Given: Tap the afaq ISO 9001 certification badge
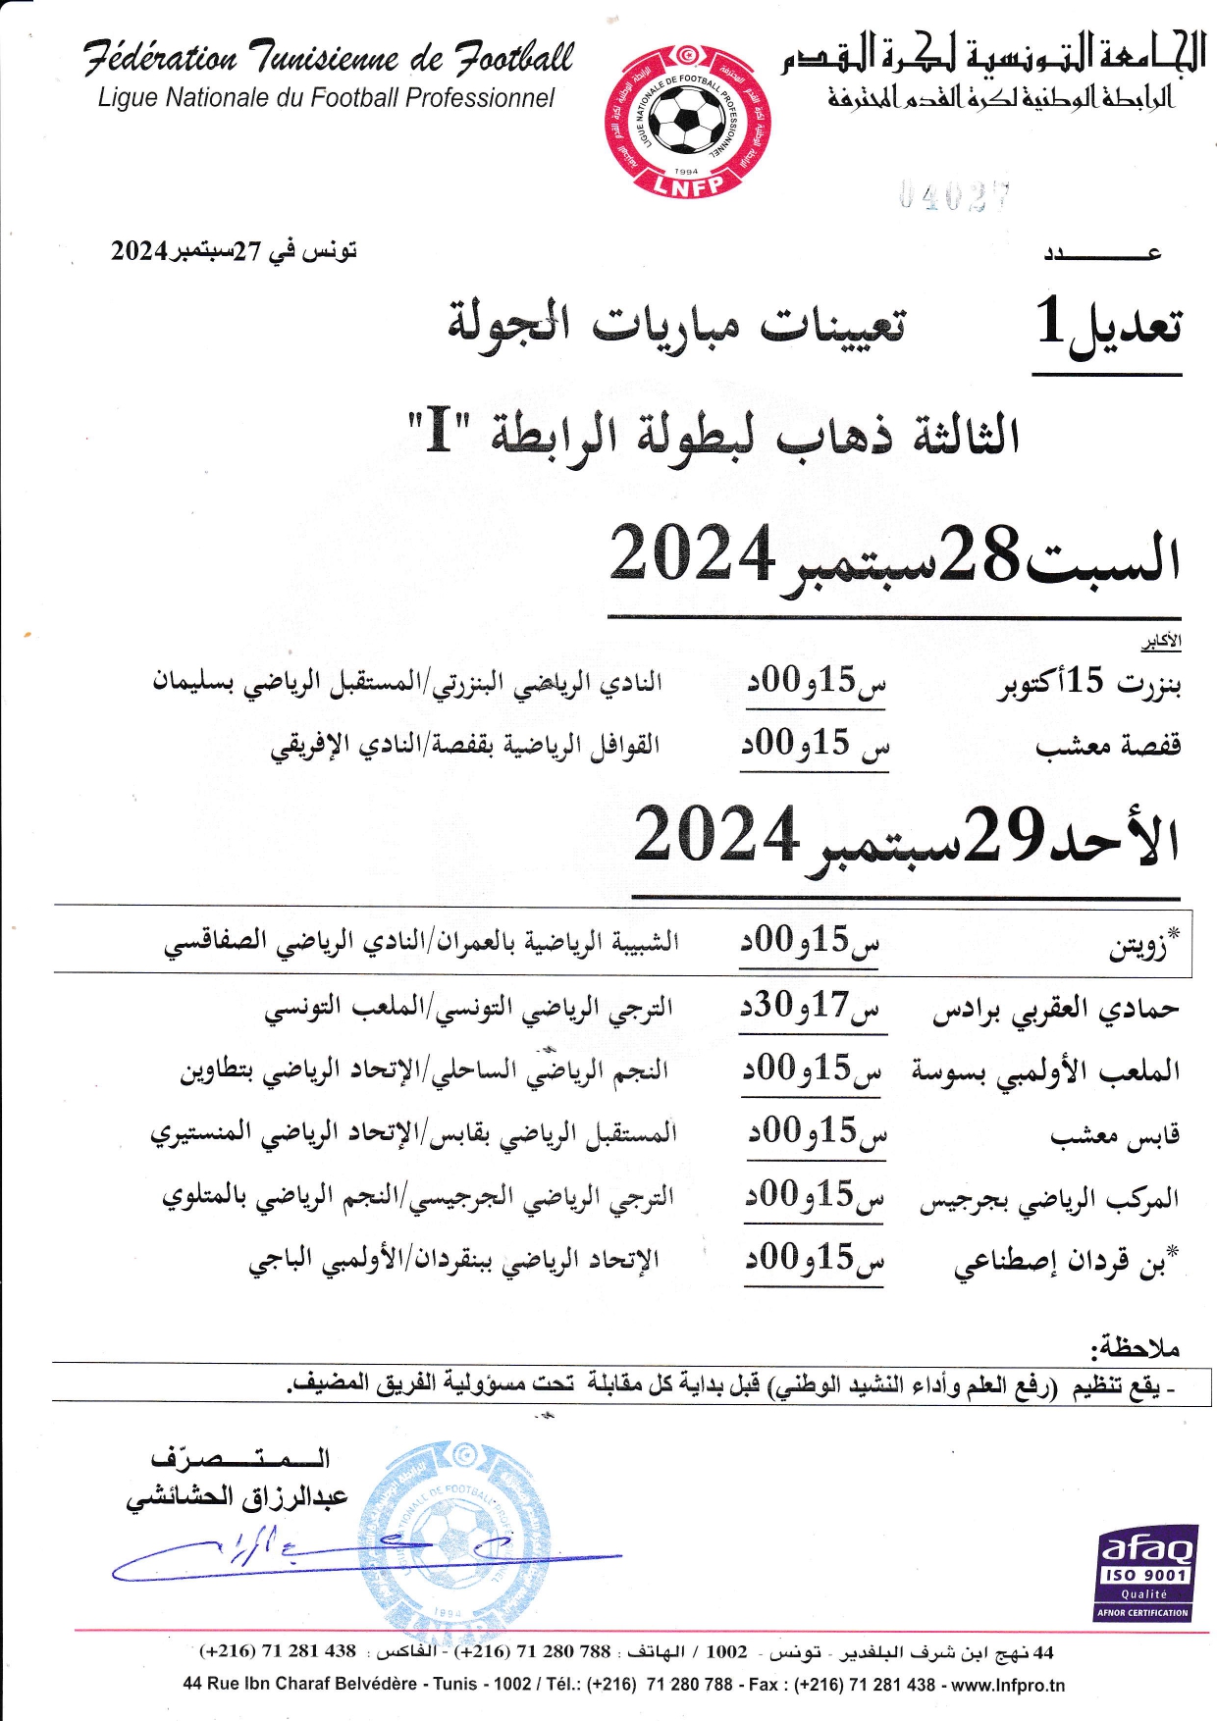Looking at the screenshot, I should (1145, 1573).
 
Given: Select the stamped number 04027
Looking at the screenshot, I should (954, 197).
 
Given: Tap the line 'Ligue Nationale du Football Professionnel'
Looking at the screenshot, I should (326, 98).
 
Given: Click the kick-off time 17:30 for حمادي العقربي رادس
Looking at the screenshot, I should (813, 1007).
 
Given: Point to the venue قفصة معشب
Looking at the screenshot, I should (1107, 747).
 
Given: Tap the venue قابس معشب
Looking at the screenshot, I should (1114, 1135).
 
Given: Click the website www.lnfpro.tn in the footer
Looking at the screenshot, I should (1007, 1685).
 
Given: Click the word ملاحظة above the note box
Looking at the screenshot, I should (1138, 1346).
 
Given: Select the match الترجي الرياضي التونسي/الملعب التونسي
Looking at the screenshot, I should (468, 1008).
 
